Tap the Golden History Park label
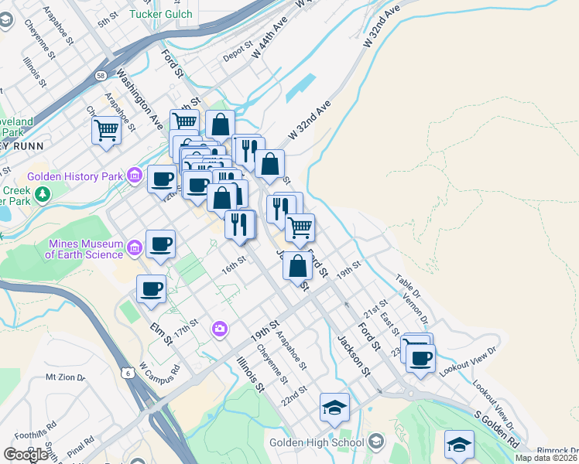click(x=75, y=176)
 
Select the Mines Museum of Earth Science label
click(x=85, y=249)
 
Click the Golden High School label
click(x=317, y=442)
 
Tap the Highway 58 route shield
click(x=102, y=76)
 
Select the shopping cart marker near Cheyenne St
click(x=106, y=129)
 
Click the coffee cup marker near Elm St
click(x=152, y=289)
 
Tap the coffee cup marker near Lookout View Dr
click(x=421, y=358)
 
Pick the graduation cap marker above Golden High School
click(x=335, y=407)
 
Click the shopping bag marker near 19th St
click(x=298, y=265)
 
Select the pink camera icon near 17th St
click(x=221, y=330)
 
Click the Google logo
click(x=26, y=454)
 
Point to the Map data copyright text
click(x=546, y=458)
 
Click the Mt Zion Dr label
click(x=63, y=377)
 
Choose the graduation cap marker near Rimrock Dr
click(x=459, y=444)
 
